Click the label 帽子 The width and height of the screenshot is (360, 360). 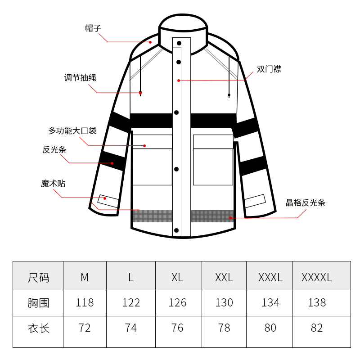tap(93, 28)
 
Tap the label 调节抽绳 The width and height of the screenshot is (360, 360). tap(80, 78)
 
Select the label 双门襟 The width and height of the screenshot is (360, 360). tap(269, 69)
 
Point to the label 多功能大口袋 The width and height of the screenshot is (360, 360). tap(72, 131)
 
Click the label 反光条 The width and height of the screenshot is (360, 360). tap(54, 150)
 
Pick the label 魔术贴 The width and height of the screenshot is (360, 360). tap(53, 184)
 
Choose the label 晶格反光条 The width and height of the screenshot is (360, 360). tap(305, 202)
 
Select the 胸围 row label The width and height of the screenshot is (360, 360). tap(38, 302)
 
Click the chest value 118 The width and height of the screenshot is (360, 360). tap(85, 302)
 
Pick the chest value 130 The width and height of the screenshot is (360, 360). tap(224, 302)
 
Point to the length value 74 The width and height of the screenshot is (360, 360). tap(131, 328)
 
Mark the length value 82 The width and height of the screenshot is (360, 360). tap(317, 328)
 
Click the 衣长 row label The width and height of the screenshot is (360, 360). tap(38, 328)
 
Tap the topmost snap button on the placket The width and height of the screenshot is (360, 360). tap(179, 43)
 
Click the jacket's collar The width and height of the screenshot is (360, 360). tap(183, 22)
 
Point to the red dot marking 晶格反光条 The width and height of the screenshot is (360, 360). tap(231, 218)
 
